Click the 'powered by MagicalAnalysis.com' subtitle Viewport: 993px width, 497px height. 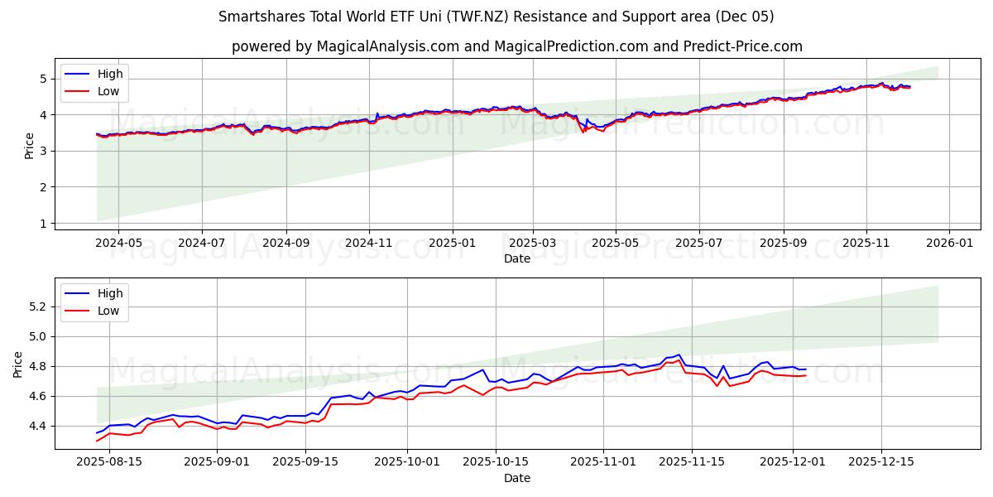tap(516, 46)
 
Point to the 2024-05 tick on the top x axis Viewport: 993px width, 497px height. tap(118, 244)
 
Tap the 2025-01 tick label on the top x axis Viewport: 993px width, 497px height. tap(452, 244)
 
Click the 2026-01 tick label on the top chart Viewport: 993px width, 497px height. tap(948, 244)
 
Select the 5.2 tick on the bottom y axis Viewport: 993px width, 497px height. tap(36, 306)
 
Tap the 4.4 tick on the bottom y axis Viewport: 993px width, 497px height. tap(36, 426)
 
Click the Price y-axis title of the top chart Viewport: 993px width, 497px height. tap(30, 146)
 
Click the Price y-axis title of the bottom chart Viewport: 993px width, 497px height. tap(18, 364)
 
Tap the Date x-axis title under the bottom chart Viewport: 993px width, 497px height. tap(516, 478)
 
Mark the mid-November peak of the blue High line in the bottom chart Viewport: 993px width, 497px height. tap(679, 355)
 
